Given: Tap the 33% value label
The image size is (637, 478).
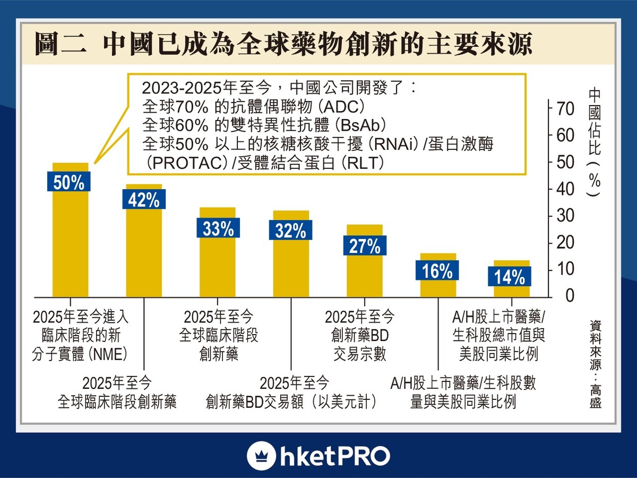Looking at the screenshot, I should pos(218,228).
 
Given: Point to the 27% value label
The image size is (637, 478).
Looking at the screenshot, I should pos(365,246).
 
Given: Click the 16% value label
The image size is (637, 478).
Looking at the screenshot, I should pos(437,271).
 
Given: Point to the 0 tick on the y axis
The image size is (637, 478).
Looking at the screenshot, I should pos(569,296).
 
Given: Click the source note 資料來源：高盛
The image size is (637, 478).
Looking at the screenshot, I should pos(595,364).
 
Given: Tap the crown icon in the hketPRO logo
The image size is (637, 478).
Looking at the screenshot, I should pos(261,456).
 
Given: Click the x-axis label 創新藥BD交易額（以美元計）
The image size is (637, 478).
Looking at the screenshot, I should pos(294,392).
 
